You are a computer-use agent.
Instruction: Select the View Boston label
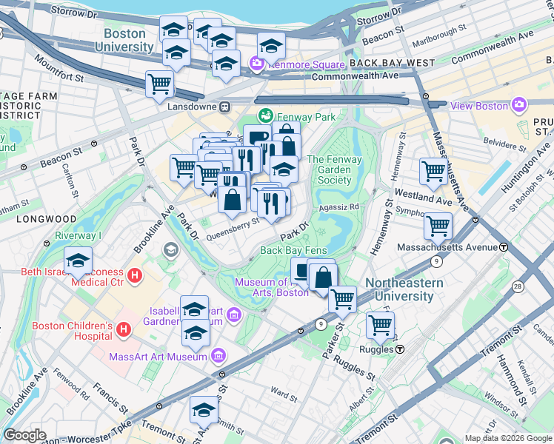click(x=480, y=106)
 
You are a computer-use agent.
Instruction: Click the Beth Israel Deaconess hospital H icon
click(x=135, y=277)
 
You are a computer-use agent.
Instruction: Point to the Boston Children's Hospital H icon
click(x=123, y=328)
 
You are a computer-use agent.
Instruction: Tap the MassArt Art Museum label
click(x=157, y=357)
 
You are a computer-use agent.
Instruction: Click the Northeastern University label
click(x=404, y=289)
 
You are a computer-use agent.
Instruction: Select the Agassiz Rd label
click(x=338, y=207)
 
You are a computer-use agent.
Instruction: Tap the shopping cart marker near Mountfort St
click(x=159, y=85)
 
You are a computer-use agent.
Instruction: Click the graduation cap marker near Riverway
click(x=78, y=260)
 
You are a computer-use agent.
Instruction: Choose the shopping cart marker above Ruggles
click(x=380, y=324)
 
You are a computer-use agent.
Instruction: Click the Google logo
click(x=25, y=435)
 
